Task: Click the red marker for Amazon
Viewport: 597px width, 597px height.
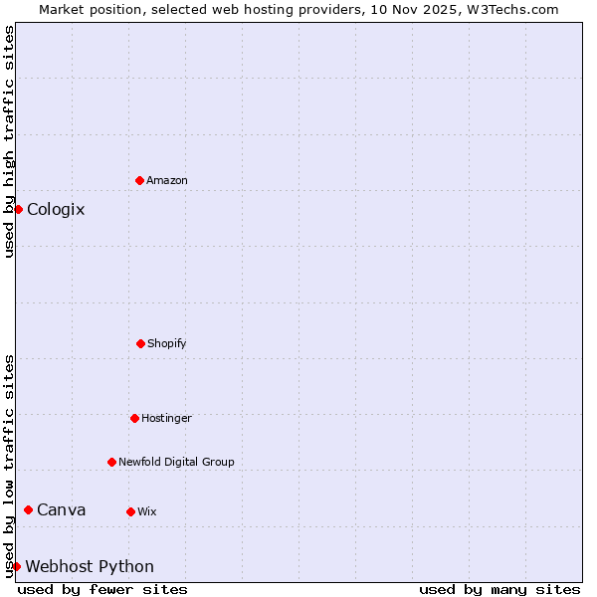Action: click(139, 180)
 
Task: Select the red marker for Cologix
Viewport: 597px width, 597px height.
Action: click(18, 209)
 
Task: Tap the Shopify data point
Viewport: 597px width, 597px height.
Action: click(140, 343)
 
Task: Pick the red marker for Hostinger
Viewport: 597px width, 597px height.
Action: click(134, 418)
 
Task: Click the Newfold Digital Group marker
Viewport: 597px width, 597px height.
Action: click(111, 462)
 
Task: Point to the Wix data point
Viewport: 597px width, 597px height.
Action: click(130, 511)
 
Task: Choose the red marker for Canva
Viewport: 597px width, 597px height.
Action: click(28, 509)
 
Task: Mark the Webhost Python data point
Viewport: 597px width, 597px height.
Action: click(17, 566)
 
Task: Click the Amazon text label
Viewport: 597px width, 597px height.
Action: click(167, 180)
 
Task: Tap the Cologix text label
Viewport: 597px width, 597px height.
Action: click(56, 209)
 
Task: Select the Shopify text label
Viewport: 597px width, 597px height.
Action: click(167, 343)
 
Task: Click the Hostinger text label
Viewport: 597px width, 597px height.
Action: click(166, 418)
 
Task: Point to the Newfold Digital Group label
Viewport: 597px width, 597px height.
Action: click(176, 462)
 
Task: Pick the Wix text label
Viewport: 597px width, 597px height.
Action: click(146, 511)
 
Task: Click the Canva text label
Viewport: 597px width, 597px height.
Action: click(62, 509)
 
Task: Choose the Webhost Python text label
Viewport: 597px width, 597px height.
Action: click(90, 566)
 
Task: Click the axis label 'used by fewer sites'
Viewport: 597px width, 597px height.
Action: click(102, 589)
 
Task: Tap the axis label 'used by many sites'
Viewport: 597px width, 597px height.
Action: click(499, 589)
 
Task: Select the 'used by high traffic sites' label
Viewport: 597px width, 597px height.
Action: click(9, 141)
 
